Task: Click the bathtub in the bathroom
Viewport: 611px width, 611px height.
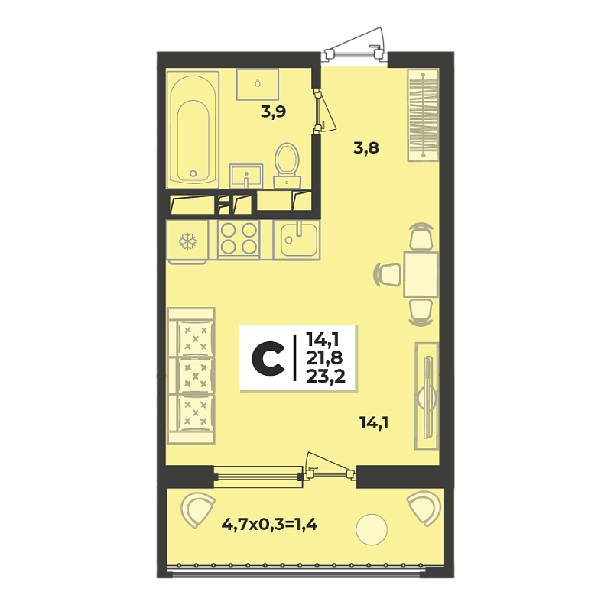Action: [193, 130]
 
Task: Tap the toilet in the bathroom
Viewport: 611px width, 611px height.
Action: [287, 165]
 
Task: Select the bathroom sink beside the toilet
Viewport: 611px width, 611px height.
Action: [245, 176]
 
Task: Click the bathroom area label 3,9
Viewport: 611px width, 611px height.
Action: [274, 112]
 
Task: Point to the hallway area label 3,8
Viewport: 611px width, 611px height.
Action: [366, 148]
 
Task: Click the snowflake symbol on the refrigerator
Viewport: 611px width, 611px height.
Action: [187, 241]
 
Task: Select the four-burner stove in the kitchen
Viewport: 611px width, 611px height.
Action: [239, 239]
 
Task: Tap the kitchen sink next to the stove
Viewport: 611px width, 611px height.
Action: [297, 240]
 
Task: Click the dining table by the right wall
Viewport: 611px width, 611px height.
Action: [421, 274]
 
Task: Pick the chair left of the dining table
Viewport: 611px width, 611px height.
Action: [388, 274]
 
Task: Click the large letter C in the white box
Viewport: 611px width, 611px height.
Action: [268, 359]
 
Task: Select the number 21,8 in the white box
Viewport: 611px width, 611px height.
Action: [323, 357]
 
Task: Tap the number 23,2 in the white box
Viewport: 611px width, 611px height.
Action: [326, 377]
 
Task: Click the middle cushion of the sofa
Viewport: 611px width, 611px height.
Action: [196, 376]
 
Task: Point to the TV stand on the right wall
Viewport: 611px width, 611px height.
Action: [427, 396]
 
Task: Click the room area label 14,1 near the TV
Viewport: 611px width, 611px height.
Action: [374, 423]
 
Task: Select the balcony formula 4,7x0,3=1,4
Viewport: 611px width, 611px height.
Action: [270, 525]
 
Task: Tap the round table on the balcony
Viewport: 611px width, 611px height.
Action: [372, 529]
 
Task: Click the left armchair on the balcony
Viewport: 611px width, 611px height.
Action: [197, 509]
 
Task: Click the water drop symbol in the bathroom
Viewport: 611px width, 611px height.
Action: [258, 83]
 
